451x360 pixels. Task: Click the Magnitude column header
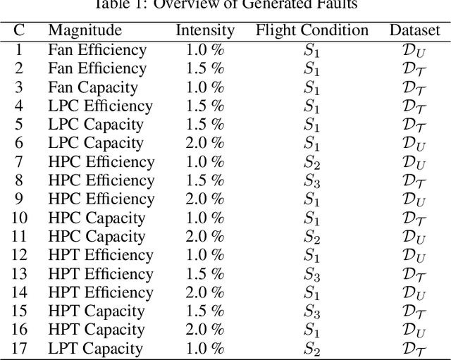pos(85,31)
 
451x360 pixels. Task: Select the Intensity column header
pos(205,31)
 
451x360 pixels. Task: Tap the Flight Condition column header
pos(311,31)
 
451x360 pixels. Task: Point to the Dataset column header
pos(414,31)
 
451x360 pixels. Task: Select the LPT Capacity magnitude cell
pos(95,349)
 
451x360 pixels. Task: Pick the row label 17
pos(19,349)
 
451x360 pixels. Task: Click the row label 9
pos(19,199)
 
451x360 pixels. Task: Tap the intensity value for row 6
pos(205,143)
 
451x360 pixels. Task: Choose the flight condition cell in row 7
pos(311,162)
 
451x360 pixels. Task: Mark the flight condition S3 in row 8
pos(311,181)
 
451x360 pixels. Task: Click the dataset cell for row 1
pos(414,50)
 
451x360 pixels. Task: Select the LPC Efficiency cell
pos(100,106)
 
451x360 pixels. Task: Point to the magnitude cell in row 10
pos(97,218)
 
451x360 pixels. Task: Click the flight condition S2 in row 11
pos(311,237)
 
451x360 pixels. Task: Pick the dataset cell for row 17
pos(414,349)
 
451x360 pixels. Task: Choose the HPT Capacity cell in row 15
pos(96,311)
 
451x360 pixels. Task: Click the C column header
pos(19,31)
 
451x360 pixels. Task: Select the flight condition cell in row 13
pos(311,274)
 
